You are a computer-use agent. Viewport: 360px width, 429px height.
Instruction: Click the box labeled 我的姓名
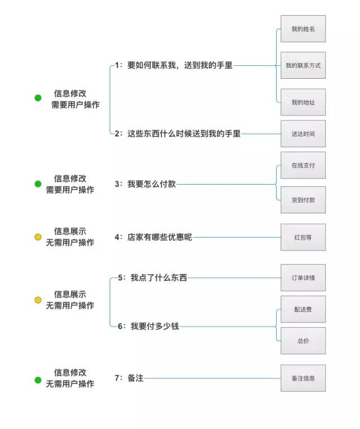pos(303,29)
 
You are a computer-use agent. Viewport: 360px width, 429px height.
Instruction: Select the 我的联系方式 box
pos(303,65)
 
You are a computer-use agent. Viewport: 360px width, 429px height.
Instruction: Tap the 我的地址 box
pos(303,102)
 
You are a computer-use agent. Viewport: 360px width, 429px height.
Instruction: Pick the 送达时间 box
pos(303,133)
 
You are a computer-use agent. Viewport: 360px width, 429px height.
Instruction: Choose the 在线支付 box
pos(303,166)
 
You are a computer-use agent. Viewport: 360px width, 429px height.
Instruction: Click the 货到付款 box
pos(303,200)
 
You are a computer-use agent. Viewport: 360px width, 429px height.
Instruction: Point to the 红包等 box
pos(303,237)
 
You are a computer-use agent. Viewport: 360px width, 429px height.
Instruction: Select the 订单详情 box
pos(303,278)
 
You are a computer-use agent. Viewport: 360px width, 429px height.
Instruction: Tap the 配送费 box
pos(303,309)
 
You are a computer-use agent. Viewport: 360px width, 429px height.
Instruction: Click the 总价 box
pos(303,341)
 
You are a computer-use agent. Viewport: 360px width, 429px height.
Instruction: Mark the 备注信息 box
pos(303,378)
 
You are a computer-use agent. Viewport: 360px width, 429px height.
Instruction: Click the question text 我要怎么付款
pos(151,184)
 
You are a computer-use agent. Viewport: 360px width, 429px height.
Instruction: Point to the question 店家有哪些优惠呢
pos(160,237)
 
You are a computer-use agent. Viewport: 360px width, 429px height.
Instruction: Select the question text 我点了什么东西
pos(159,278)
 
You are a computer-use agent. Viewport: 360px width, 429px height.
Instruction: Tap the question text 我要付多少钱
pos(155,326)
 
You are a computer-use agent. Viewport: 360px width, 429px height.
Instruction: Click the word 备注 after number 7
pos(136,378)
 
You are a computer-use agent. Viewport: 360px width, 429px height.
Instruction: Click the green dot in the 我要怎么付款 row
pos(38,184)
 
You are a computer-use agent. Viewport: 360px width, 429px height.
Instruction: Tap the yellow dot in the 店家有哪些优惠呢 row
pos(38,237)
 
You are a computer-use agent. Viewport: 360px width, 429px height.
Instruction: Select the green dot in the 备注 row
pos(38,380)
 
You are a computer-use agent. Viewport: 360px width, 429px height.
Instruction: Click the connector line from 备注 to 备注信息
pos(213,378)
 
